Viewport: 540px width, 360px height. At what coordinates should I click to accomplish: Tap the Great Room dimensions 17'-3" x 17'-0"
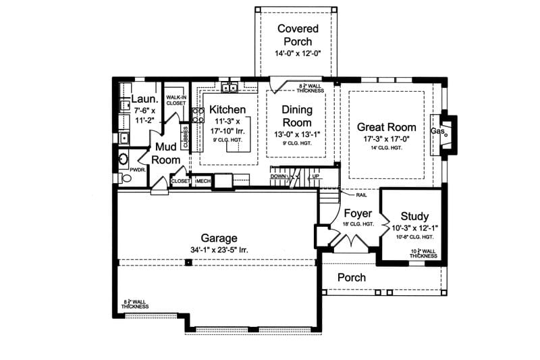coord(386,138)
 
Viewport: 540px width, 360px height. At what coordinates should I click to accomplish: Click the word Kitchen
coord(227,109)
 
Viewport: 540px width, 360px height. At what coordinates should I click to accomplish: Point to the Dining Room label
coord(297,116)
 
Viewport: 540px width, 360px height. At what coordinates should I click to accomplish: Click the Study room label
coord(410,217)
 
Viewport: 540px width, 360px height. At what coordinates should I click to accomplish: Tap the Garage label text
coord(219,238)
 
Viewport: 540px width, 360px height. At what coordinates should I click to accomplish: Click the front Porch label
coord(351,278)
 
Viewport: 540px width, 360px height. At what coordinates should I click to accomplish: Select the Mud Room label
coord(165,153)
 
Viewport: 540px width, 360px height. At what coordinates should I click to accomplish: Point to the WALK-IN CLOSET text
coord(175,99)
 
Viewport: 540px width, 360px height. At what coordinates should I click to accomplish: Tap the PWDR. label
coord(138,170)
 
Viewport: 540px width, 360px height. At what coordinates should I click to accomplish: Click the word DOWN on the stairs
coord(278,176)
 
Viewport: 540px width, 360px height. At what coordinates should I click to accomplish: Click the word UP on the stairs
coord(315,176)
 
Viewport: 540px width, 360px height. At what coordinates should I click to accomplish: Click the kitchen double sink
coord(230,86)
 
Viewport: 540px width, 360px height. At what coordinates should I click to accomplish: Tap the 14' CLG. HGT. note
coord(386,147)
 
